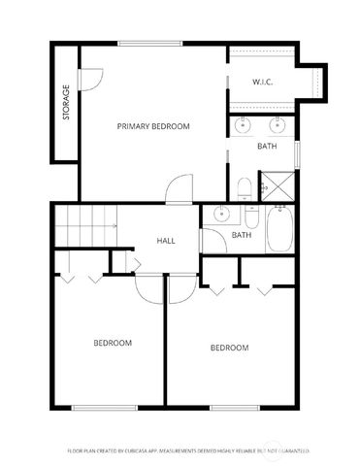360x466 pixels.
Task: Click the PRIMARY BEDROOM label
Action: click(153, 126)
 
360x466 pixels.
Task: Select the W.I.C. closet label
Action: click(262, 82)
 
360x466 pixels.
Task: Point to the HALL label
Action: click(166, 240)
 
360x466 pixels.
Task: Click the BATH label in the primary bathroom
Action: click(267, 147)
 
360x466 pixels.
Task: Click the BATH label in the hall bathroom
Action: click(242, 235)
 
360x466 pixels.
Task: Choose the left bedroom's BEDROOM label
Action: click(113, 343)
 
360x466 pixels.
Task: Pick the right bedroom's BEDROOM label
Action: click(230, 348)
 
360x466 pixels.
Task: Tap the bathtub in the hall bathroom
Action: click(279, 229)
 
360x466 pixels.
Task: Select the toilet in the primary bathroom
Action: click(245, 186)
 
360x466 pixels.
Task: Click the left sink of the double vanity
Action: click(244, 124)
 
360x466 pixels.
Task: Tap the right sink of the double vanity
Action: click(278, 124)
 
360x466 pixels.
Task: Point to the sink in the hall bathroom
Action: click(222, 216)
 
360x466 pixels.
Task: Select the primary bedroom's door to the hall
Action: click(179, 190)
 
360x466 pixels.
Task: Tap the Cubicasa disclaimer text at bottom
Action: click(187, 451)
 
